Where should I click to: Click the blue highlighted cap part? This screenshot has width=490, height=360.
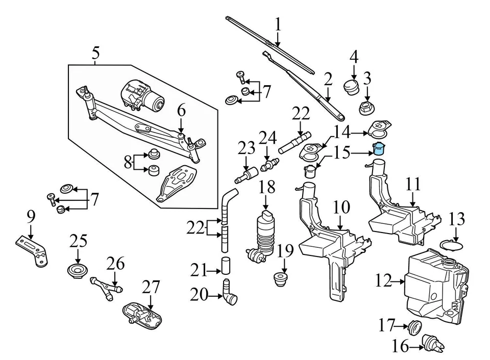coord(379,148)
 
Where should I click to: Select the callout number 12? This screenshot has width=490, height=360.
coord(383,280)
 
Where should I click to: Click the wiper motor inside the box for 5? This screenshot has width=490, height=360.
coord(143,95)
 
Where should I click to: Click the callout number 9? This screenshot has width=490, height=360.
coord(31,218)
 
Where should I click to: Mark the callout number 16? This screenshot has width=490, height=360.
coord(401,347)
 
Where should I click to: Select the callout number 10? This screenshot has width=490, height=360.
coord(341,208)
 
